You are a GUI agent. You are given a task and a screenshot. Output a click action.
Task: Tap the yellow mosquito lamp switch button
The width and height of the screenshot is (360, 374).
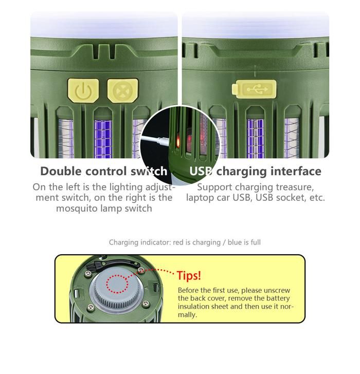click(122, 90)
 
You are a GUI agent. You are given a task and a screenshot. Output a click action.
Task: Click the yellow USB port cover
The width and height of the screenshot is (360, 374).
click(254, 89)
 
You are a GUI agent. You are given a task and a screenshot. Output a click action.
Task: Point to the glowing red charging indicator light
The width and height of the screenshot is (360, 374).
click(178, 142)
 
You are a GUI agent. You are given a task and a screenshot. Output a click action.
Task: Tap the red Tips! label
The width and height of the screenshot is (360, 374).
click(189, 275)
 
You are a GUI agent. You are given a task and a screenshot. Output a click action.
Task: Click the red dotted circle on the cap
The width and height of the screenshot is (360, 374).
click(117, 284)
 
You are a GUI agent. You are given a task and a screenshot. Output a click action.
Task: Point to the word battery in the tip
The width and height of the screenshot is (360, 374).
click(278, 298)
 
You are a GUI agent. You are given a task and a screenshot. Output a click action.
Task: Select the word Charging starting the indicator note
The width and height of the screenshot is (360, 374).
click(123, 242)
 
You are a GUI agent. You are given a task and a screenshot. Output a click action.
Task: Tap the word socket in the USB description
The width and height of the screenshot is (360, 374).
click(291, 198)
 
